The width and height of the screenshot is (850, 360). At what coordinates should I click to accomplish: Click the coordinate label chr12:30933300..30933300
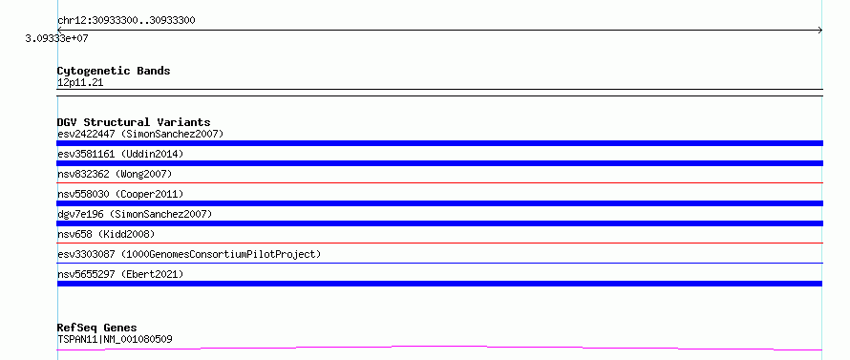[x=126, y=21]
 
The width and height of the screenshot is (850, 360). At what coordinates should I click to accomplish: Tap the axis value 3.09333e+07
[x=57, y=38]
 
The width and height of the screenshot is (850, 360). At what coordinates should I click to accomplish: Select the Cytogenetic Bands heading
[x=114, y=71]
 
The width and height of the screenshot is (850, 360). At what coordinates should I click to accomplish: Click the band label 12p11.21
[x=80, y=83]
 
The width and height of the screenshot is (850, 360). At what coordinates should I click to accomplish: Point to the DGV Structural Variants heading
[x=134, y=122]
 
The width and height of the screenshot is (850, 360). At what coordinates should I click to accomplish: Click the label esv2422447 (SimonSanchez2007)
[x=140, y=134]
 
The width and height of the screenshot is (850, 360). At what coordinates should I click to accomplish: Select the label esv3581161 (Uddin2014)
[x=120, y=154]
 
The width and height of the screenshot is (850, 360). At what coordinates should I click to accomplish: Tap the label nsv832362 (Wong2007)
[x=115, y=174]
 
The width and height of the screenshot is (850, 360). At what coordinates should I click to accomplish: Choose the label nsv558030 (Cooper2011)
[x=120, y=194]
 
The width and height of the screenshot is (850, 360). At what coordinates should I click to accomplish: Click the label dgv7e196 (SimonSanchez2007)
[x=135, y=214]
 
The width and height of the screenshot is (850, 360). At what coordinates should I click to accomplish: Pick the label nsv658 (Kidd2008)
[x=106, y=234]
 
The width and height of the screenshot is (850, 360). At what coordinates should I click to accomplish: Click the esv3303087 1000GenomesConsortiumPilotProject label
[x=189, y=254]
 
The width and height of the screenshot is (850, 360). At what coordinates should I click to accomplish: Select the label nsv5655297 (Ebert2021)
[x=120, y=274]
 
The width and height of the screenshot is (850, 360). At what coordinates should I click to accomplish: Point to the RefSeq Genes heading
[x=97, y=328]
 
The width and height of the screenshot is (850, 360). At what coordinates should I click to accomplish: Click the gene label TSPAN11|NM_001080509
[x=115, y=340]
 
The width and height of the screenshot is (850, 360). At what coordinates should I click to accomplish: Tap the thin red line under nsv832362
[x=439, y=183]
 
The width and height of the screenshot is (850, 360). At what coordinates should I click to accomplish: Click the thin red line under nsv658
[x=439, y=244]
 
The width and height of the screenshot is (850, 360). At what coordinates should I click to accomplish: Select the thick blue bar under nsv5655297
[x=439, y=284]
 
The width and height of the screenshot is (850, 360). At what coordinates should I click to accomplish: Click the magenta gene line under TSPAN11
[x=439, y=348]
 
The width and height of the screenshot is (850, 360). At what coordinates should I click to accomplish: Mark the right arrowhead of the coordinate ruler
[x=821, y=31]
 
